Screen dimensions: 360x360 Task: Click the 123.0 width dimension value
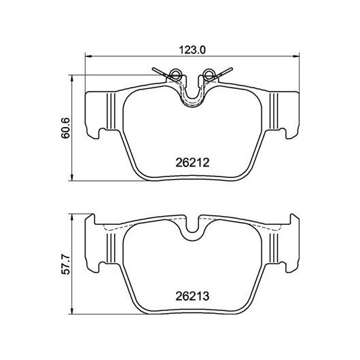click(x=192, y=50)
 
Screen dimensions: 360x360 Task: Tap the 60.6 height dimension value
click(x=65, y=128)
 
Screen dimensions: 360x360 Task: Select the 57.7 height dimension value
click(x=65, y=264)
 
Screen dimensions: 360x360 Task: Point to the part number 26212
click(x=192, y=163)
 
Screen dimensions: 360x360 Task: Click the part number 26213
click(x=192, y=296)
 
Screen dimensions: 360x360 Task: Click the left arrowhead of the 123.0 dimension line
click(x=88, y=56)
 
